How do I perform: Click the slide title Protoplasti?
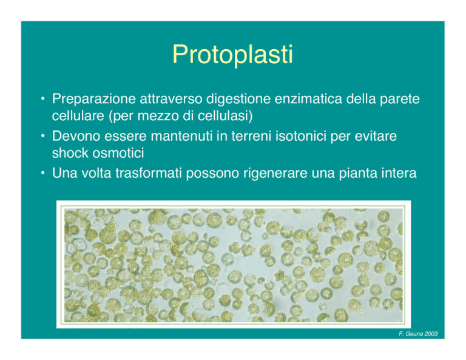[x=233, y=55]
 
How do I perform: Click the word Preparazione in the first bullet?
[x=94, y=100]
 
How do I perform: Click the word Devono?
[x=76, y=136]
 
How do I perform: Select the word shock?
[x=70, y=153]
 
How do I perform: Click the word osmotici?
[x=118, y=153]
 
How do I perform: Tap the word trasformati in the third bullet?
[x=148, y=173]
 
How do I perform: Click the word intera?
[x=399, y=173]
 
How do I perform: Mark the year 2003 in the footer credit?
[x=431, y=334]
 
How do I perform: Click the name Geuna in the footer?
[x=414, y=334]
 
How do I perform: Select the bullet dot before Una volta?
[x=44, y=173]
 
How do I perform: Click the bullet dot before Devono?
[x=44, y=136]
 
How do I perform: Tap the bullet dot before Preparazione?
[x=44, y=98]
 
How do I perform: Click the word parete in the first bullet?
[x=400, y=100]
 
